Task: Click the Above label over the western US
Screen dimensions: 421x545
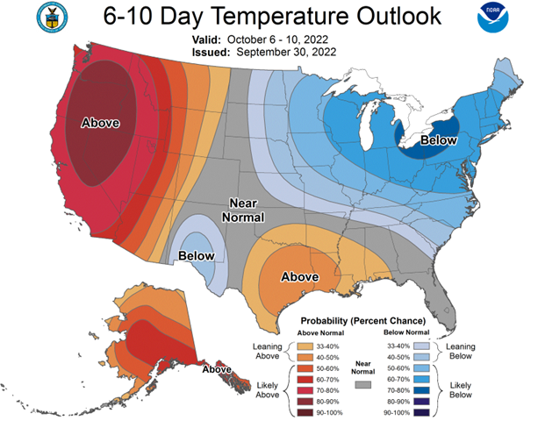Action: [100, 123]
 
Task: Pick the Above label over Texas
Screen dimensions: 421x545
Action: [298, 277]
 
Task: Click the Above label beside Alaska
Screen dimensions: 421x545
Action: [217, 369]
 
